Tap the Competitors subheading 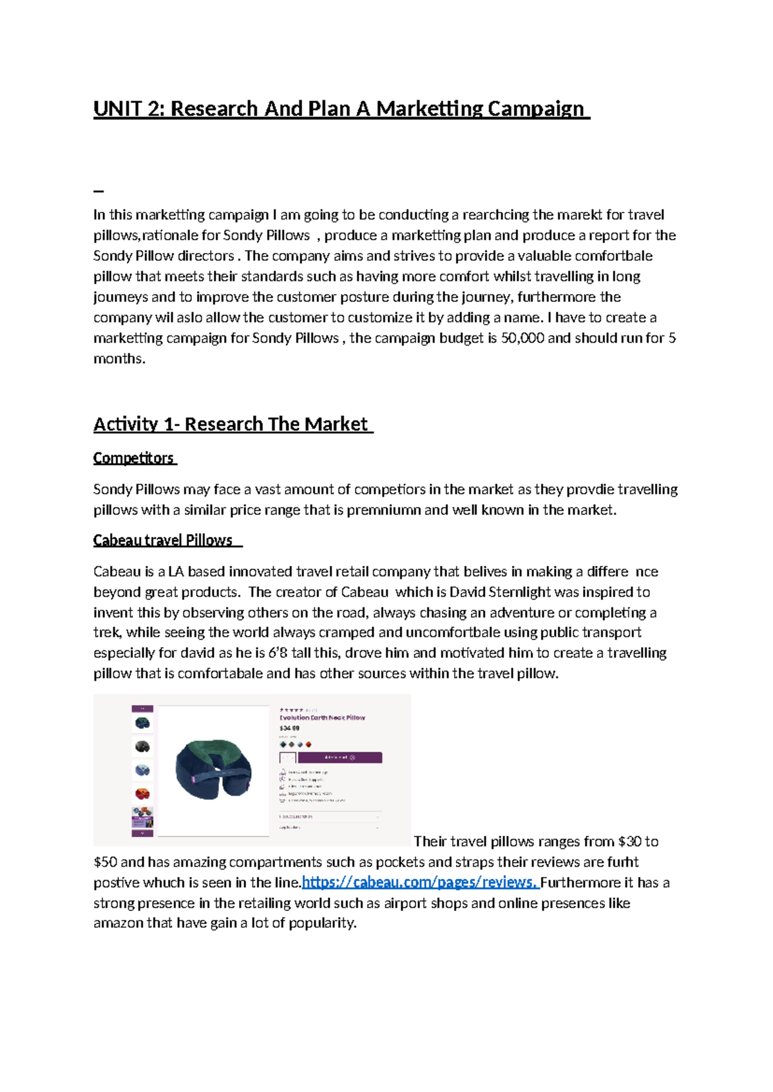pos(133,458)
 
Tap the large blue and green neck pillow pos(213,769)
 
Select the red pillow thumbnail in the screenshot pos(142,793)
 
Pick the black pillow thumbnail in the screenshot pos(142,746)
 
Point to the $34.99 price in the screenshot pos(289,728)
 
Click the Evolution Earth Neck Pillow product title pos(322,717)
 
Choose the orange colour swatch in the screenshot pos(309,744)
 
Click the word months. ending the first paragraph pos(119,359)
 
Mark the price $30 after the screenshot pos(629,842)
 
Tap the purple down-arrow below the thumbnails pos(142,833)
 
